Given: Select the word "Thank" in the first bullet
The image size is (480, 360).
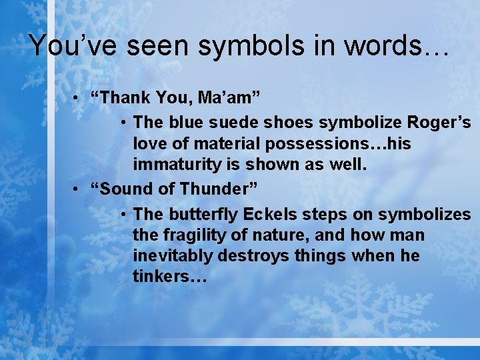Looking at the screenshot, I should point(126,99).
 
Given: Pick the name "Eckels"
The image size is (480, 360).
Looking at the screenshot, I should point(270,215).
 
